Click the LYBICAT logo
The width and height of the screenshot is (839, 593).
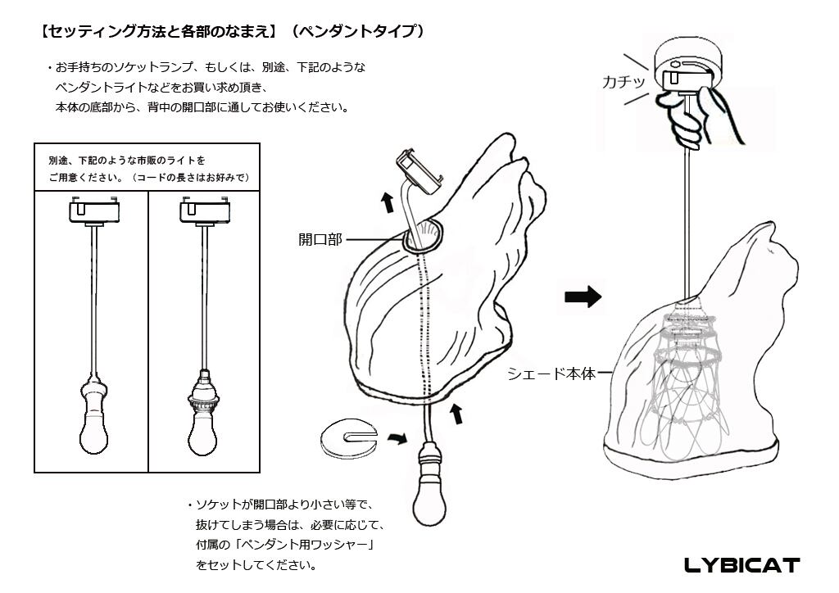741,565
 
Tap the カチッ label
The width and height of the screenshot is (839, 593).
624,81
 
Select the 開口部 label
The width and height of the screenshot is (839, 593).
319,240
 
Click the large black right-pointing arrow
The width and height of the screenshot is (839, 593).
583,297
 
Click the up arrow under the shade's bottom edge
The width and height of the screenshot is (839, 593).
456,414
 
